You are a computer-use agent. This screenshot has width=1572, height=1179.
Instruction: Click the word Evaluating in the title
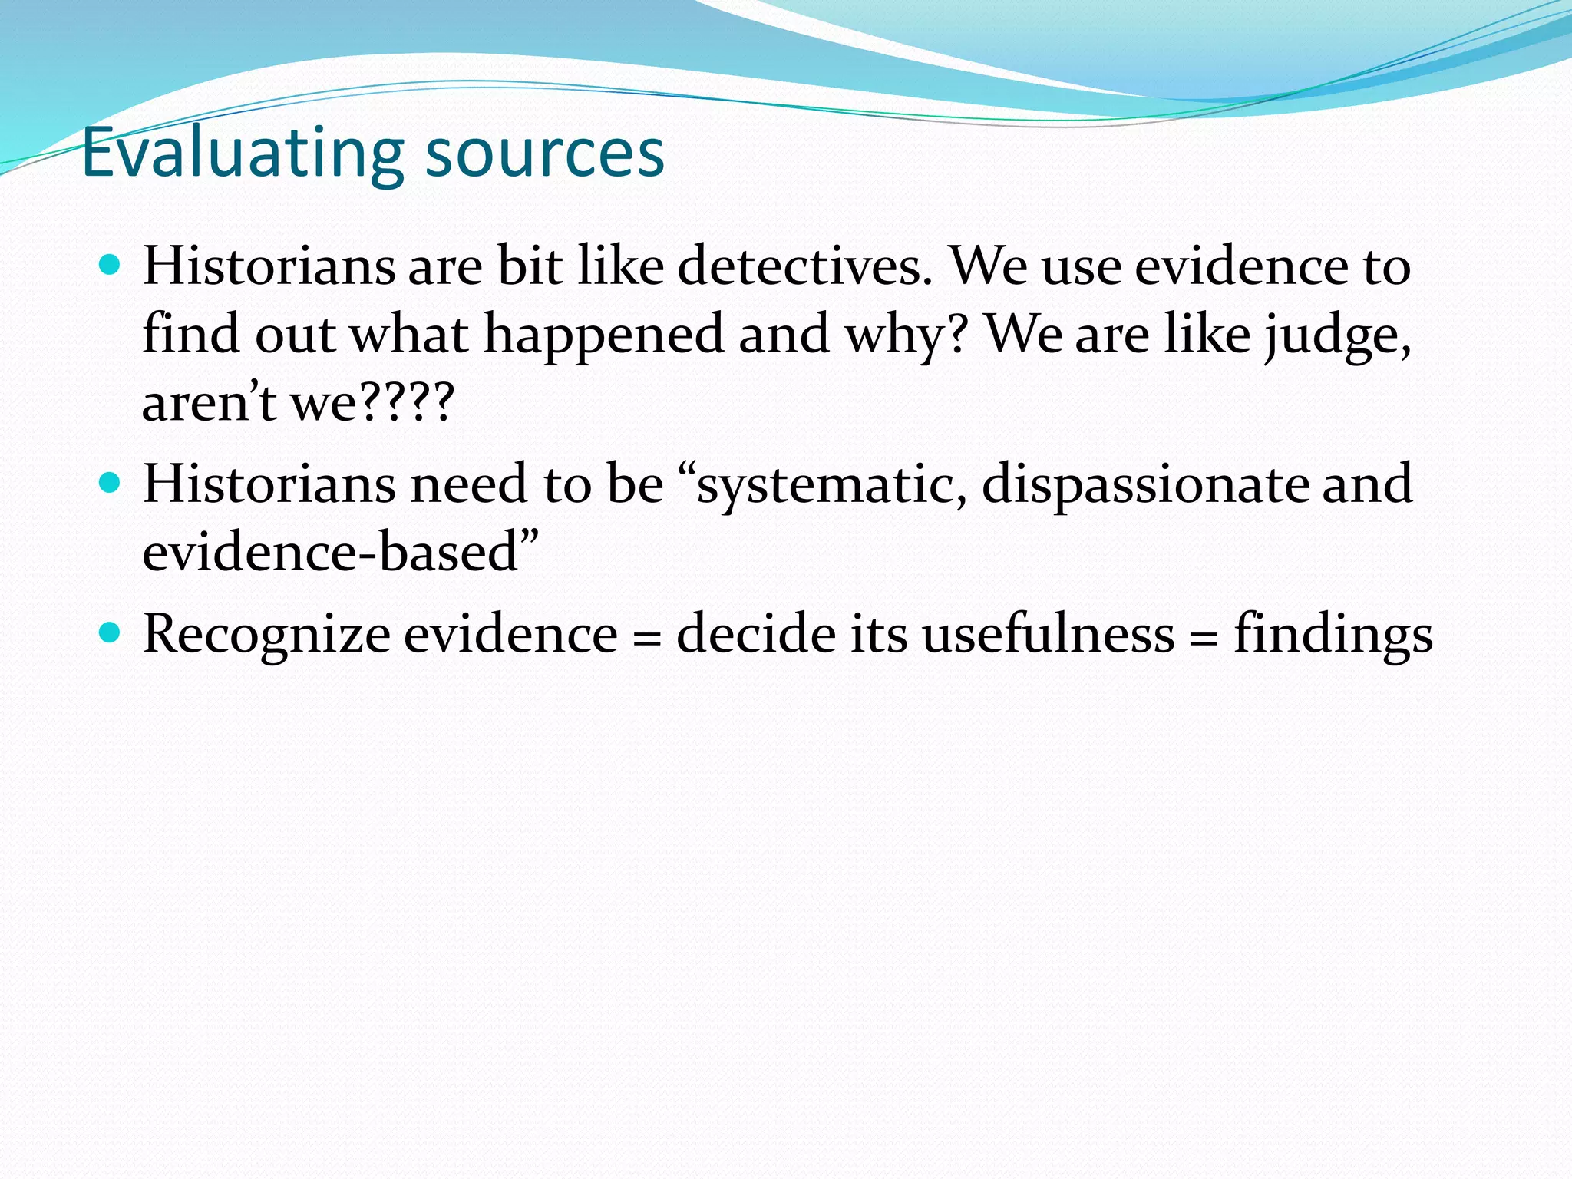[242, 154]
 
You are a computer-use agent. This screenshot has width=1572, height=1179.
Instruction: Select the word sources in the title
[544, 154]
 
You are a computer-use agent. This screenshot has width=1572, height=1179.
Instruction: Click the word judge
[1336, 335]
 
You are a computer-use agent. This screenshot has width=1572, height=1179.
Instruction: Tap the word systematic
[832, 484]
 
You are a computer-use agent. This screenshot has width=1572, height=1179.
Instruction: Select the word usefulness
[1048, 635]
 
